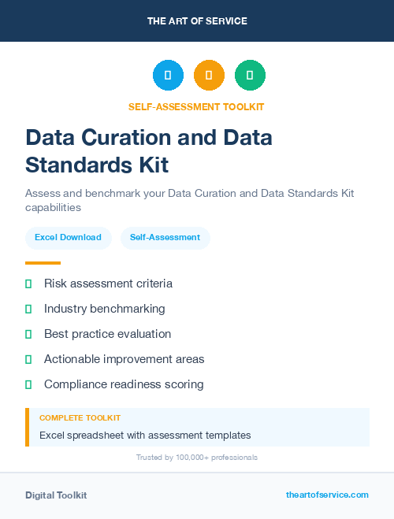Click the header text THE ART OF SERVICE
(x=197, y=21)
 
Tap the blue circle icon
(x=168, y=76)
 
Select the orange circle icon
(x=209, y=76)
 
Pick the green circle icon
(x=251, y=76)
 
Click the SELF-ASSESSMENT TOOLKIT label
(x=196, y=106)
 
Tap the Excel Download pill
(x=68, y=237)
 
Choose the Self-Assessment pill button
(x=165, y=237)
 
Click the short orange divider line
(x=43, y=263)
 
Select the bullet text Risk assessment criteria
(x=108, y=284)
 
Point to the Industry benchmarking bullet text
(x=105, y=309)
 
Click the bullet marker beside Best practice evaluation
(x=28, y=334)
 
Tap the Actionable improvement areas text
(x=124, y=359)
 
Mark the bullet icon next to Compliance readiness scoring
(x=28, y=384)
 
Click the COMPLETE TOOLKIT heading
(x=80, y=418)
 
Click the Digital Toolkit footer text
(x=56, y=495)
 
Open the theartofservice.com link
(x=327, y=495)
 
